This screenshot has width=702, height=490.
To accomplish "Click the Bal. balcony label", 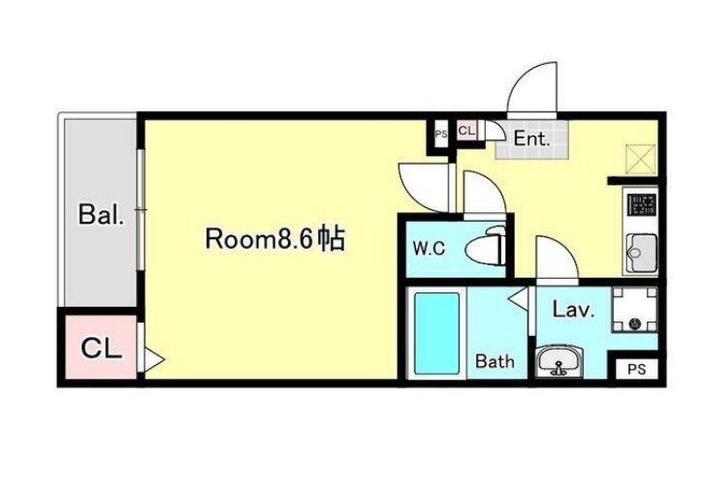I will tap(101, 216).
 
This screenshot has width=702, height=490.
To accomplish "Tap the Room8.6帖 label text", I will tap(274, 239).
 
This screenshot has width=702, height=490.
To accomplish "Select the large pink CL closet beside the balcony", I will tap(100, 349).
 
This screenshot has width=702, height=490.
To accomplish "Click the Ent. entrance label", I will tap(531, 139).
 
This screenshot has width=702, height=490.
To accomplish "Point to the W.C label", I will tap(429, 249).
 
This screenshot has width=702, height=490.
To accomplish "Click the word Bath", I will tap(495, 362).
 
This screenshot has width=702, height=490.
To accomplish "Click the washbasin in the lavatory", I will tap(559, 363).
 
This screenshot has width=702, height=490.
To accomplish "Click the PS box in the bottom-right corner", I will tap(636, 369).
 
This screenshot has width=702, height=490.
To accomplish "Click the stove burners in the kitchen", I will tap(641, 205).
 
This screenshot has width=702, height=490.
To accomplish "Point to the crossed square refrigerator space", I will tap(642, 158).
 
